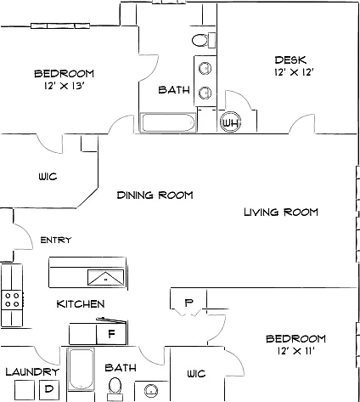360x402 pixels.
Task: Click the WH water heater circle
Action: [230, 123]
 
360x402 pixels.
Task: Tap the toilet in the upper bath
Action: [204, 41]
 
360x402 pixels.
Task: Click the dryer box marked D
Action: [49, 389]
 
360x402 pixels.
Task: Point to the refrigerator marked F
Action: [111, 334]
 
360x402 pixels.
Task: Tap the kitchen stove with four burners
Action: [12, 300]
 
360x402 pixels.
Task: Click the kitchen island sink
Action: [105, 278]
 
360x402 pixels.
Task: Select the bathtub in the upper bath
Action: [168, 122]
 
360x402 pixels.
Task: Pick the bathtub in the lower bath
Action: [81, 370]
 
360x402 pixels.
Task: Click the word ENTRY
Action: [56, 241]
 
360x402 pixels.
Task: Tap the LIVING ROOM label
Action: [281, 212]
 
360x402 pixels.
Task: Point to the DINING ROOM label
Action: [155, 195]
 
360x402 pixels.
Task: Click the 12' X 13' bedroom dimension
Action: [65, 86]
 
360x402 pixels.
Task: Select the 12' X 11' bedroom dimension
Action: [296, 351]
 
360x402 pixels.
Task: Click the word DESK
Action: [290, 60]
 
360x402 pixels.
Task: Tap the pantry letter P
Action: [188, 303]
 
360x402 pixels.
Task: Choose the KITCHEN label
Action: [81, 304]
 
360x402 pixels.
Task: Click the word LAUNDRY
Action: [32, 371]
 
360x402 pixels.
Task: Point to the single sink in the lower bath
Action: [151, 391]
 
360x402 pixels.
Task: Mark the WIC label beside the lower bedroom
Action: [196, 374]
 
